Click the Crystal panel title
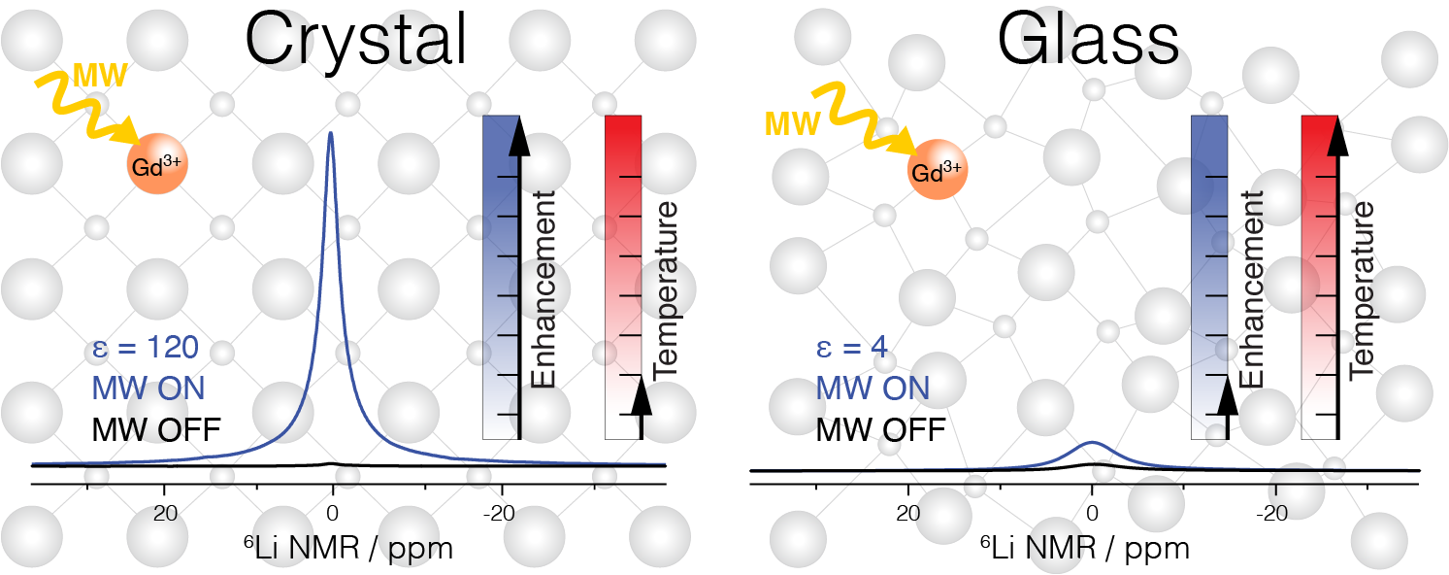coord(356,40)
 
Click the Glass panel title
coord(1088,40)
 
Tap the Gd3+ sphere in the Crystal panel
coord(157,165)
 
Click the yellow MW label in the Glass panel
coord(792,123)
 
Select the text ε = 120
coord(147,347)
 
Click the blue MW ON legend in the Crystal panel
coord(148,387)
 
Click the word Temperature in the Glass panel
coord(1363,289)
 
